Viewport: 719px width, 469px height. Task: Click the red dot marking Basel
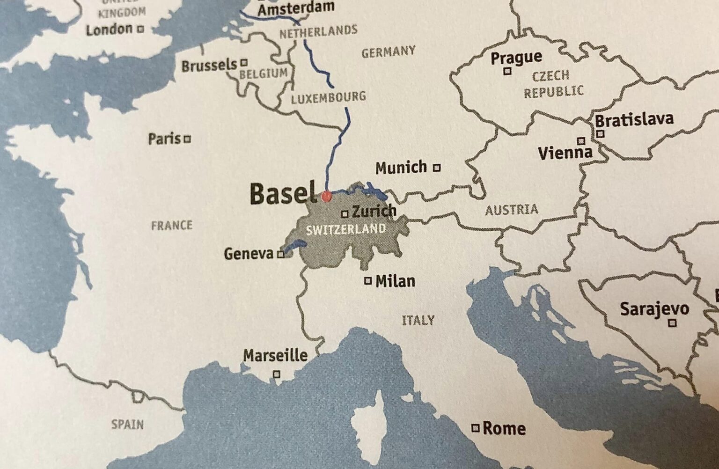point(326,196)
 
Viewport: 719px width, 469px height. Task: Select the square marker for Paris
point(187,139)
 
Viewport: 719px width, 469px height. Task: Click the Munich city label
point(401,167)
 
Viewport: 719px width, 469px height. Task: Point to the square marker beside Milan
point(368,281)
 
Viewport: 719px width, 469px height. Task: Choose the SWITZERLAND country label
point(345,229)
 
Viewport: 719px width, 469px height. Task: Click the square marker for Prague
point(506,72)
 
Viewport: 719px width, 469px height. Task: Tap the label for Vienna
point(565,153)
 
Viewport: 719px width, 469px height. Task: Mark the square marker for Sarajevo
point(672,322)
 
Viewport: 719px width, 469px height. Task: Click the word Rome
point(504,428)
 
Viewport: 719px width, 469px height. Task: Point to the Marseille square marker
point(277,374)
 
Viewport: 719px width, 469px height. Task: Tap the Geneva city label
point(249,254)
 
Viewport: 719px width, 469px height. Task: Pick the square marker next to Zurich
point(345,214)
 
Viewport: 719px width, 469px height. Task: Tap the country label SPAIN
point(127,425)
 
